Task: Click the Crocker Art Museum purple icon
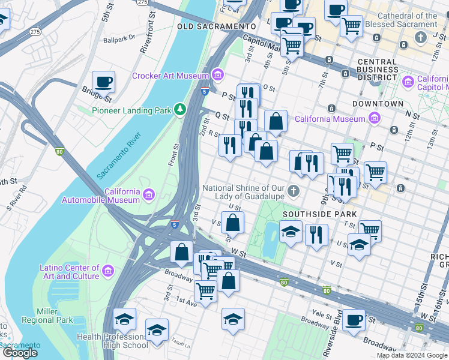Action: pyautogui.click(x=217, y=76)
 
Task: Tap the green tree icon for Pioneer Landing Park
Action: pyautogui.click(x=179, y=110)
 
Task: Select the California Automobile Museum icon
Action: pyautogui.click(x=149, y=195)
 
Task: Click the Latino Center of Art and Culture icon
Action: pyautogui.click(x=108, y=272)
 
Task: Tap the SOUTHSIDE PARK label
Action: pyautogui.click(x=319, y=214)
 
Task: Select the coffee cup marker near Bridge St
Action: pyautogui.click(x=103, y=82)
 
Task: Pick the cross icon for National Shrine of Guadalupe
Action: pyautogui.click(x=294, y=191)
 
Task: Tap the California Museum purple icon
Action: pyautogui.click(x=375, y=118)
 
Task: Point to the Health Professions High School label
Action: pyautogui.click(x=112, y=341)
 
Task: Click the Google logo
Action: pyautogui.click(x=20, y=353)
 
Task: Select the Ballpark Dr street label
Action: pyautogui.click(x=119, y=40)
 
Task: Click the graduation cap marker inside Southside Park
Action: pyautogui.click(x=291, y=231)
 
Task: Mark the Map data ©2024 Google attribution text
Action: pyautogui.click(x=412, y=355)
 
